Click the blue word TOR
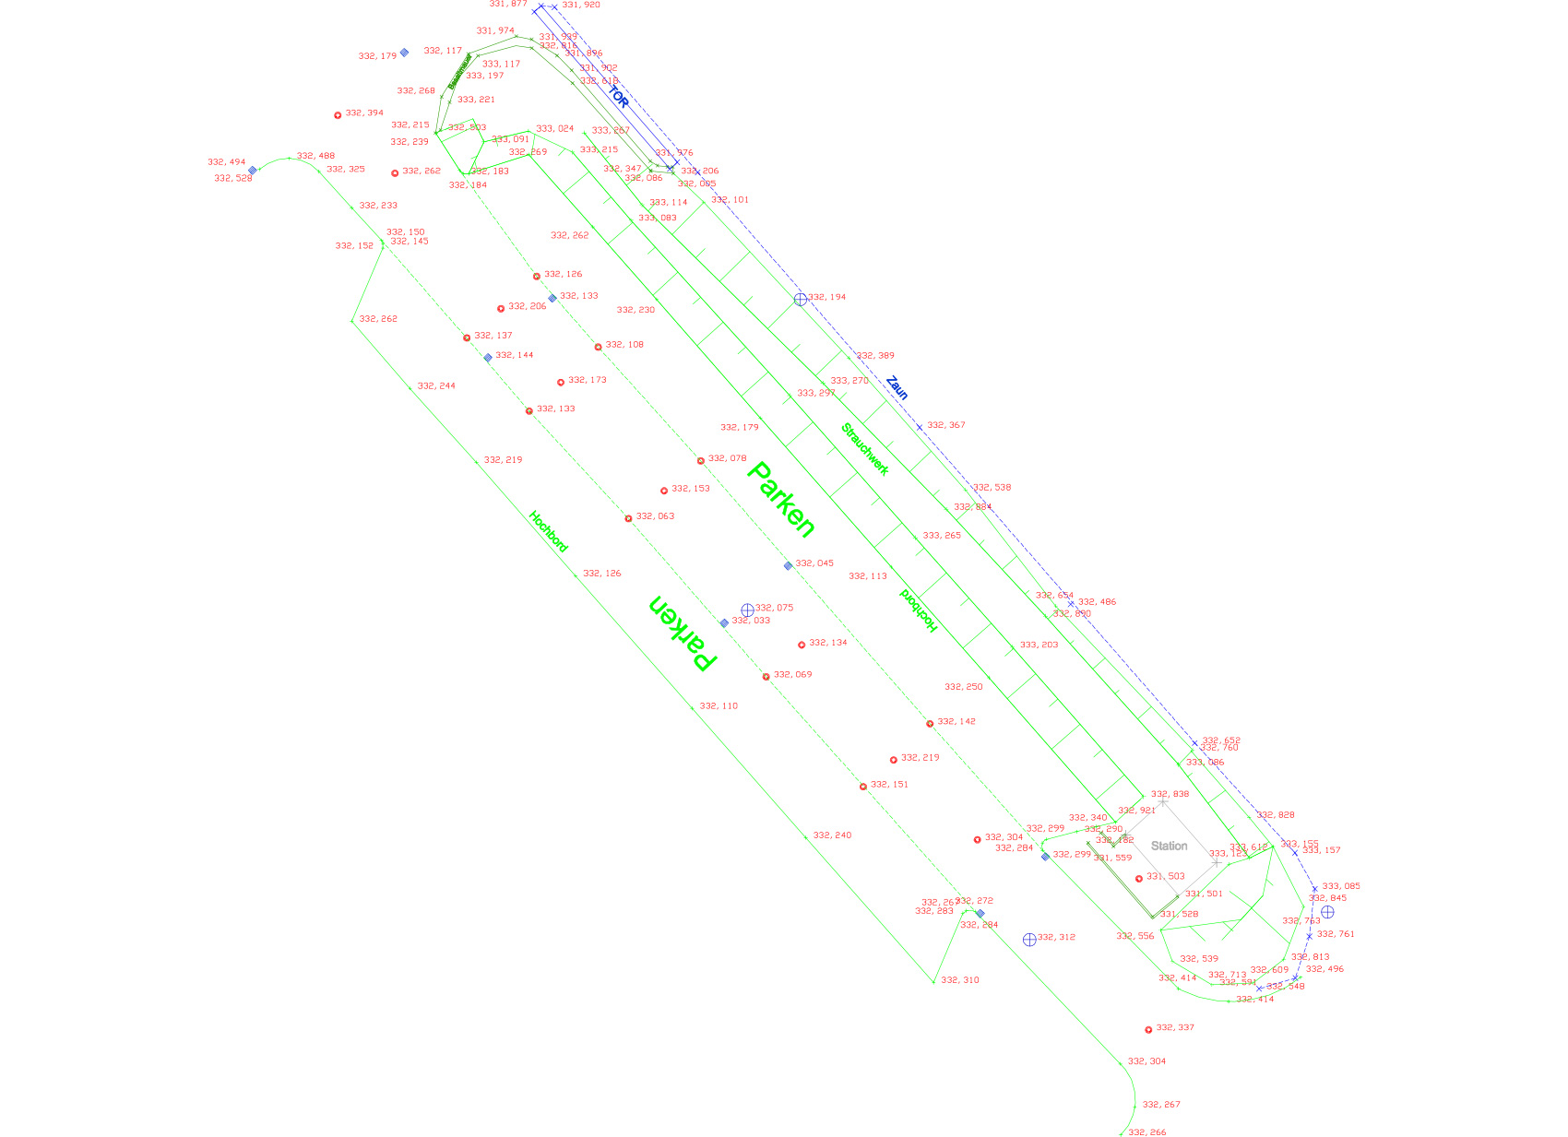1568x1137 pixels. click(618, 98)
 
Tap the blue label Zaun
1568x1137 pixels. click(897, 387)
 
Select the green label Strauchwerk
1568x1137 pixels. click(864, 449)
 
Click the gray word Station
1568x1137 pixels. click(1169, 846)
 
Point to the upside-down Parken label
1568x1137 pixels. click(683, 633)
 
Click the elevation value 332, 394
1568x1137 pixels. click(364, 113)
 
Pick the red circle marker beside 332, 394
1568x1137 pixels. click(338, 115)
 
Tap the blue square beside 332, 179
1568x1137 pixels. click(404, 53)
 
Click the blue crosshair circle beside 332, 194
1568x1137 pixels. click(801, 299)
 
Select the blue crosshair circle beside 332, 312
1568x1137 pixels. click(1029, 940)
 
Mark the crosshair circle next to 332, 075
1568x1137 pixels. click(747, 610)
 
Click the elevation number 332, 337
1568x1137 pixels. click(1175, 1027)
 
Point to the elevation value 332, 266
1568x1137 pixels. click(1146, 1131)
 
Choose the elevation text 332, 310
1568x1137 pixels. click(960, 980)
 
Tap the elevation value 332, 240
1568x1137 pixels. click(832, 835)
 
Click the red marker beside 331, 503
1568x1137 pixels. click(1139, 879)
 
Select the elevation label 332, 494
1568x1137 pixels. click(227, 162)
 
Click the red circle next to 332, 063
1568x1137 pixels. click(628, 518)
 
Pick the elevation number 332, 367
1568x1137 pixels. click(946, 425)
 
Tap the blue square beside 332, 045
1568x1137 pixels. click(788, 565)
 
